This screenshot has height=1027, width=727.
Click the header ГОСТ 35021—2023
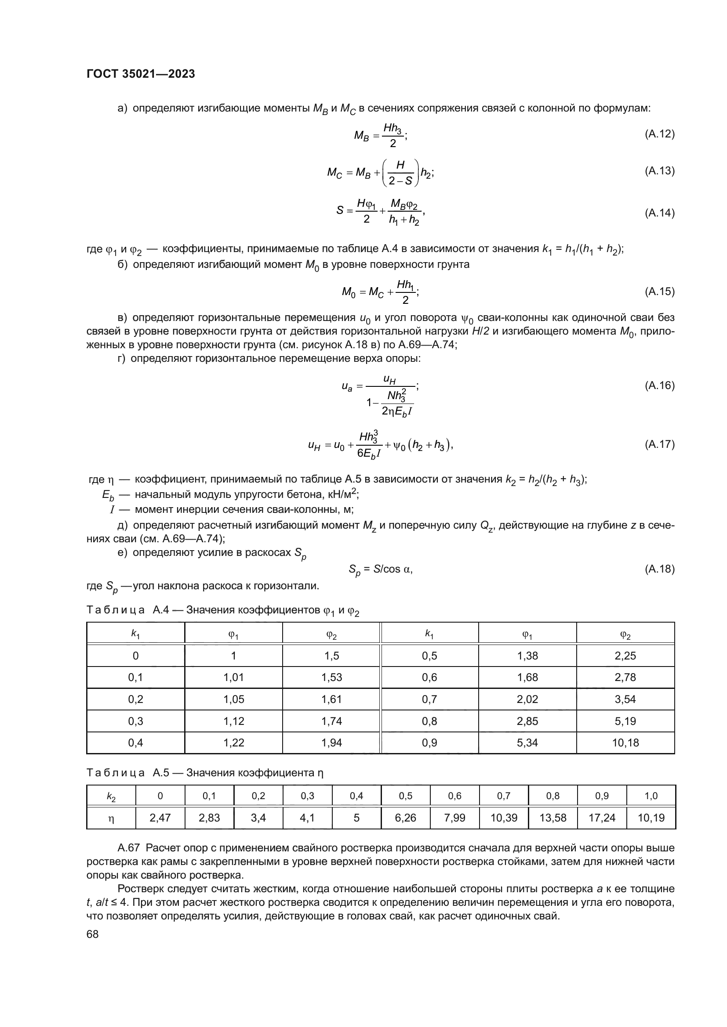point(141,74)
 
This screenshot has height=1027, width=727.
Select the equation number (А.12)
point(659,134)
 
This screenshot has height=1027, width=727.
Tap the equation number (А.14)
point(659,213)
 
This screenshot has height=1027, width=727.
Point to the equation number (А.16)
point(659,386)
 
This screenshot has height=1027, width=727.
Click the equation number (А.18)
point(659,569)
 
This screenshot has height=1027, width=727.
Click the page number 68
point(93,934)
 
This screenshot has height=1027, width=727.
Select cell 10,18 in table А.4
point(625,742)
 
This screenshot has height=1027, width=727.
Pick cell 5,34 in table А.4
point(527,742)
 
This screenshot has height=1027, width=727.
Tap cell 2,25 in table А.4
point(625,656)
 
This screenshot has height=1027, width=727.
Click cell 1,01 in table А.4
point(233,677)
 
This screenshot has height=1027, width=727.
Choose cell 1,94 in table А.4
point(331,742)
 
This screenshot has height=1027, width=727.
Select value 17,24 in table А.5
point(602,818)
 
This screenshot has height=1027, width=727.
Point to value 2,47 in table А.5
point(160,818)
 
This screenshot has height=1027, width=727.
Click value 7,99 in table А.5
point(454,818)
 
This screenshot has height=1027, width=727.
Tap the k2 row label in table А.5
point(111,796)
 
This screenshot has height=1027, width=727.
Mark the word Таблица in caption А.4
point(115,610)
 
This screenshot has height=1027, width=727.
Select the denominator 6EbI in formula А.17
point(369,454)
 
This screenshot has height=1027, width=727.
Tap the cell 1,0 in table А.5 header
point(651,796)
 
